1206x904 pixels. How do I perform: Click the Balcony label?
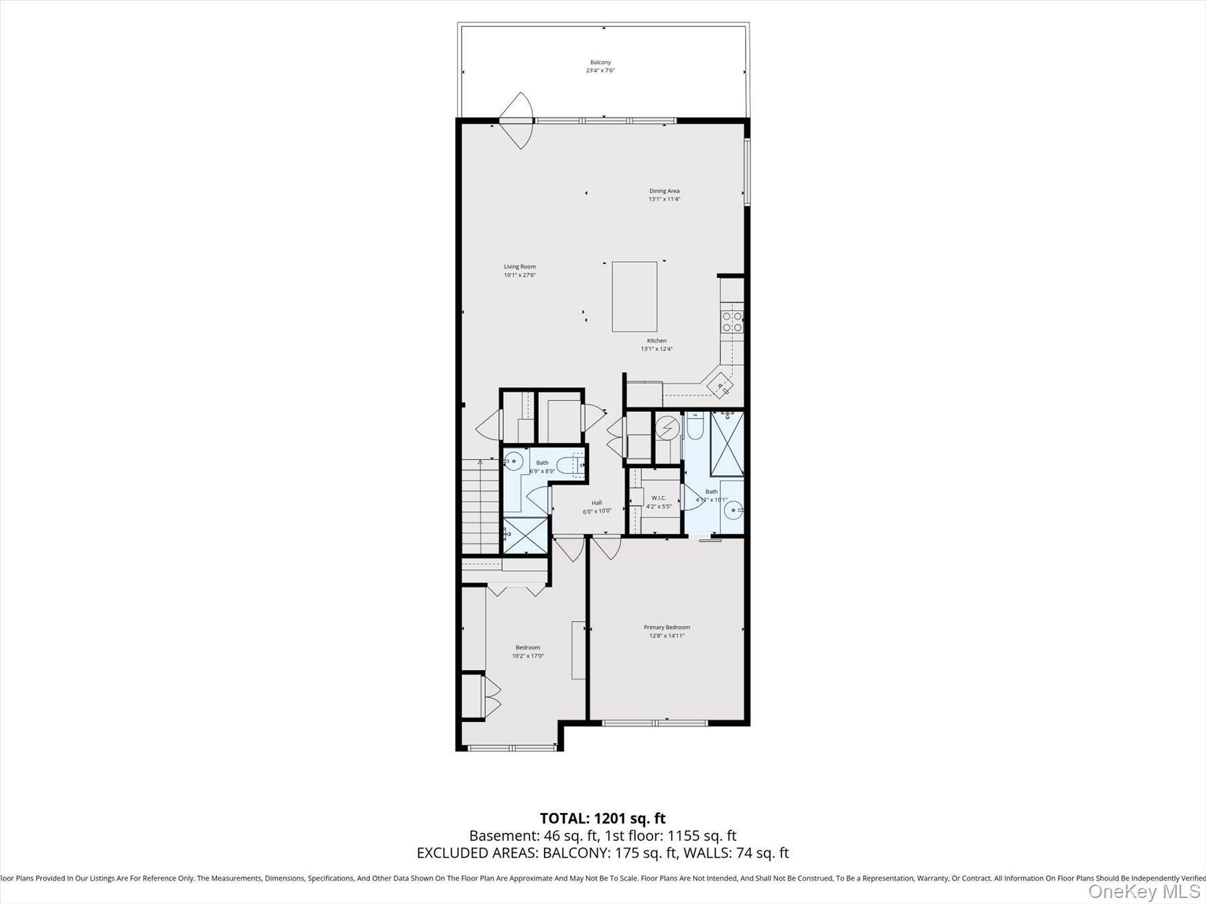click(600, 62)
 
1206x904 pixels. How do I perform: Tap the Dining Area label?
click(664, 191)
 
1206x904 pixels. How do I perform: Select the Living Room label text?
click(520, 267)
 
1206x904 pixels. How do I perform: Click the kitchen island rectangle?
click(634, 297)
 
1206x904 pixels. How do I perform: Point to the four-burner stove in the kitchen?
click(732, 322)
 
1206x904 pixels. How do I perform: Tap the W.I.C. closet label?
click(659, 498)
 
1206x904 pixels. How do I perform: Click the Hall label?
click(596, 503)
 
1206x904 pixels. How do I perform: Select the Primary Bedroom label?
click(667, 627)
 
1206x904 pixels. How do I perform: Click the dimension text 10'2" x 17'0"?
click(528, 656)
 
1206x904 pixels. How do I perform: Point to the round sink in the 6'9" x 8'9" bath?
click(514, 461)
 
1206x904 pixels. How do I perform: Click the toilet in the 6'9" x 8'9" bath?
click(573, 464)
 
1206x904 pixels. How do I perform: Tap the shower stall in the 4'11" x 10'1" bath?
click(727, 444)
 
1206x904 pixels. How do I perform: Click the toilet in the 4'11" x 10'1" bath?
click(694, 427)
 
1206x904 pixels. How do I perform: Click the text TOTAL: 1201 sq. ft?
click(602, 818)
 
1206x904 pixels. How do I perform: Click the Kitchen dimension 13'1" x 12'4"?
click(657, 349)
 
